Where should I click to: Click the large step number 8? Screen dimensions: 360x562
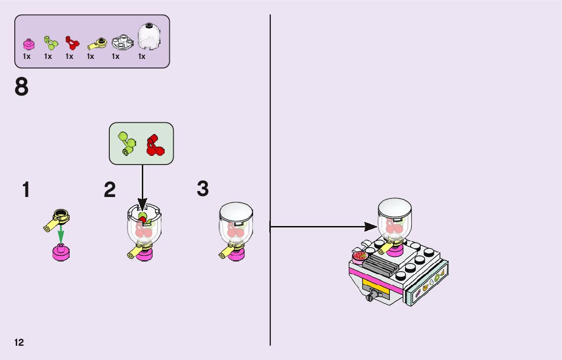coord(22,87)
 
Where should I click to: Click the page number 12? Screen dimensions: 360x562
coord(19,342)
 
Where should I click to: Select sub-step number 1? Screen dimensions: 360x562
coord(26,190)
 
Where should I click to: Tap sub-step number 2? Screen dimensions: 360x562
coord(110,190)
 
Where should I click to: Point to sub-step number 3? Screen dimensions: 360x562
coord(203,189)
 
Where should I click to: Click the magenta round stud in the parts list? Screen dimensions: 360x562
coord(28,44)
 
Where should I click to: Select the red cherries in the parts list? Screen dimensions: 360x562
coord(72,43)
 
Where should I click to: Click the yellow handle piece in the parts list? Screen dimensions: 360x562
coord(96,44)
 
